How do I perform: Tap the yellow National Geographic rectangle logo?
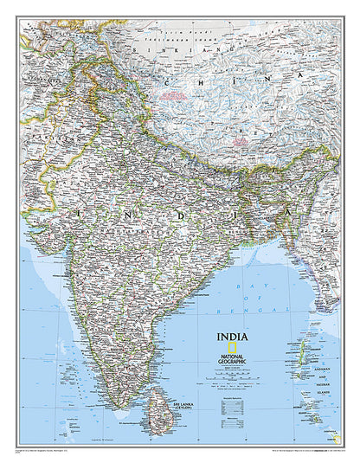pos(228,344)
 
